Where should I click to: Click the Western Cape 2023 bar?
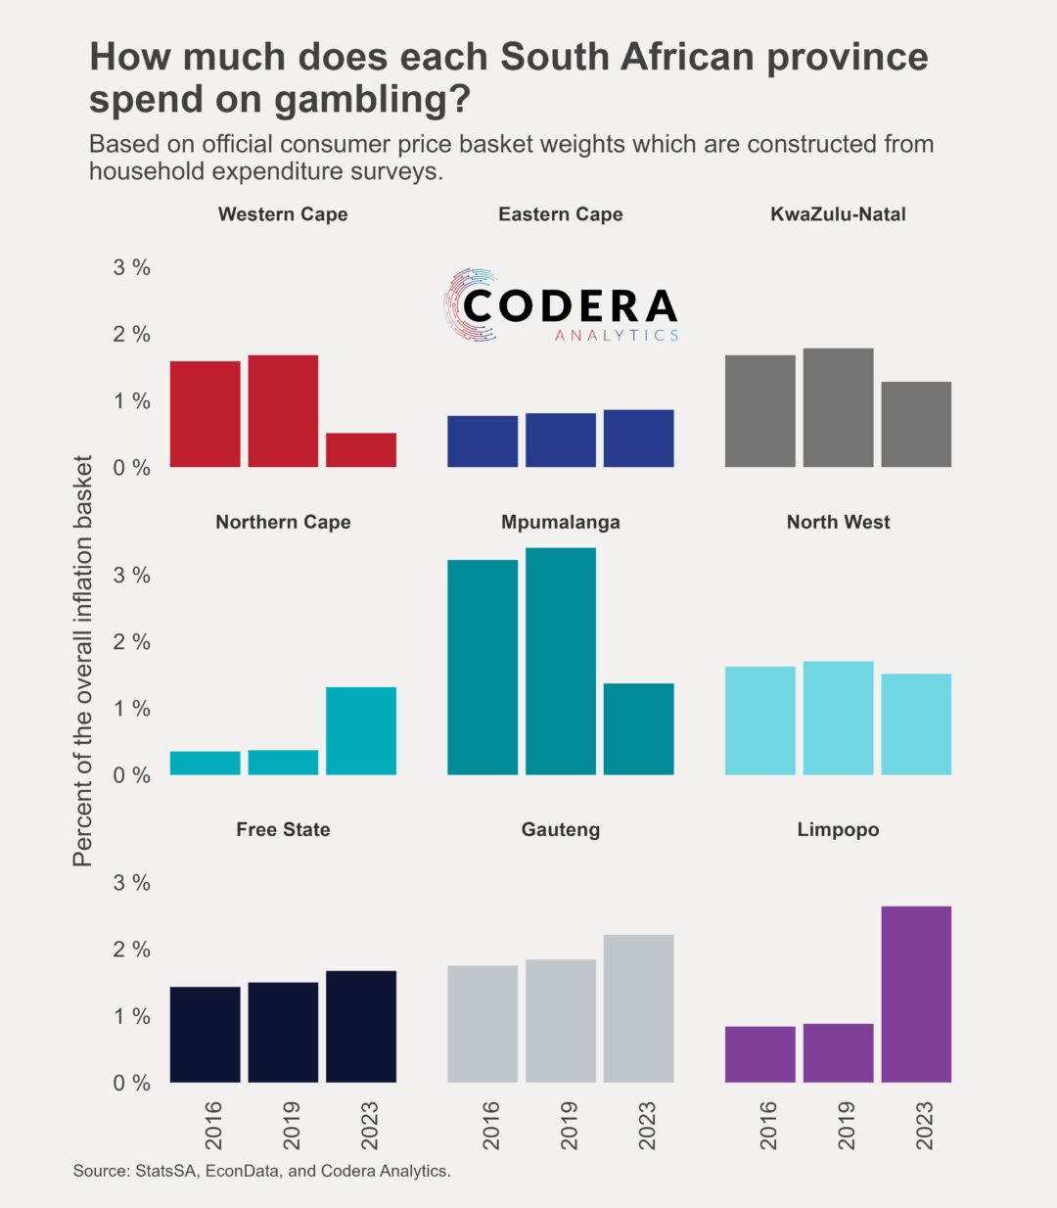click(361, 450)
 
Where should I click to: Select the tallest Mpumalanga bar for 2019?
click(561, 661)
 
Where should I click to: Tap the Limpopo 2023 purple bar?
click(916, 994)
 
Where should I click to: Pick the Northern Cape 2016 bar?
click(205, 764)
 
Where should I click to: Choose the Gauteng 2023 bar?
click(639, 1008)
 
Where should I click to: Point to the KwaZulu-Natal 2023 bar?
click(916, 424)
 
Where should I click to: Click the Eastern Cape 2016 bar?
click(483, 441)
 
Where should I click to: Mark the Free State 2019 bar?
click(283, 1032)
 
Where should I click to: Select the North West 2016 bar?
click(760, 720)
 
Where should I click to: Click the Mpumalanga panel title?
click(561, 522)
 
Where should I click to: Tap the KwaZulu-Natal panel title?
click(838, 214)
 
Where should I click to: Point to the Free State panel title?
click(283, 829)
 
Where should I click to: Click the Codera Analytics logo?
click(561, 306)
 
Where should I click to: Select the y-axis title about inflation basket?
click(82, 661)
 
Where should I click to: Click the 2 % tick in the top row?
click(131, 335)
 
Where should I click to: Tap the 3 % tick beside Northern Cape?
click(131, 576)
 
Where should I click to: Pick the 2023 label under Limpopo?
click(924, 1126)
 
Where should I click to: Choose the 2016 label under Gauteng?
click(490, 1126)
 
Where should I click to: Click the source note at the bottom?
click(261, 1171)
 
